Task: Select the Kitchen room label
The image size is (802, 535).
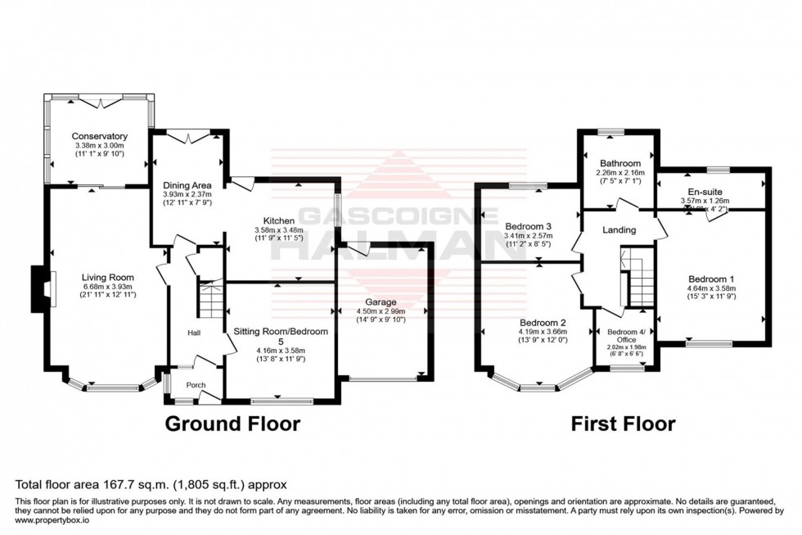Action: pyautogui.click(x=278, y=220)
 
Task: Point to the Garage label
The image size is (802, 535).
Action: pyautogui.click(x=381, y=302)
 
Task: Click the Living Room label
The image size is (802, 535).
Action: pyautogui.click(x=101, y=276)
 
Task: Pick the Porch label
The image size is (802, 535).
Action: pyautogui.click(x=194, y=385)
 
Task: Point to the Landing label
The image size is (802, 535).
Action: pyautogui.click(x=619, y=230)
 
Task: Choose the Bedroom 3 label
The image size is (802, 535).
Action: pyautogui.click(x=528, y=225)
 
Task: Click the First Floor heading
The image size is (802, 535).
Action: pyautogui.click(x=623, y=424)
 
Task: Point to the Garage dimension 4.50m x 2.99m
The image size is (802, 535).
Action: pyautogui.click(x=381, y=311)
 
